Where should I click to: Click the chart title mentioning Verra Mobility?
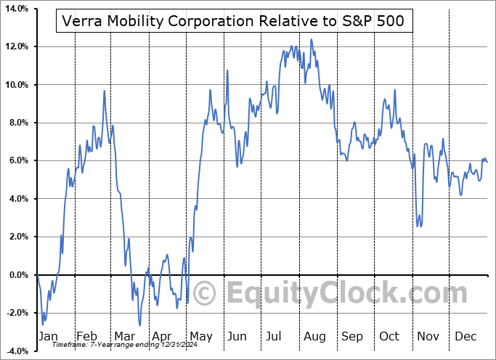(235, 22)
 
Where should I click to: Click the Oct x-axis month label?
(390, 336)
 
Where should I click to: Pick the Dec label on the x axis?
(465, 336)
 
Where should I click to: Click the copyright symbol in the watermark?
(206, 293)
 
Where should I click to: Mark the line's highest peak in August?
(312, 40)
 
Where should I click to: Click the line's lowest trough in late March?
(139, 324)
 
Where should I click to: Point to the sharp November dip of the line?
(419, 226)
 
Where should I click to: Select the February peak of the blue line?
(105, 91)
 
